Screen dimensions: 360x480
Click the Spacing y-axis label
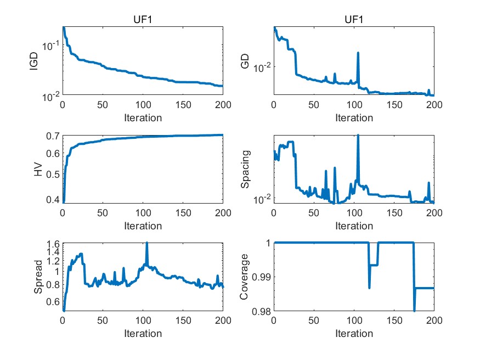[x=246, y=170]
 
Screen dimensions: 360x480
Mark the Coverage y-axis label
[x=246, y=278]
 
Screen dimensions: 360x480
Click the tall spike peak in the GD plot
[x=358, y=53]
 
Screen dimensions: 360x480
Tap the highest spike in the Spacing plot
[x=358, y=136]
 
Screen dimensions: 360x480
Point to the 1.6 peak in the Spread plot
[x=147, y=243]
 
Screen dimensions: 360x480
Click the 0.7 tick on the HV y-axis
[x=52, y=136]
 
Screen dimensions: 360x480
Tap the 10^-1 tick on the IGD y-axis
[x=50, y=45]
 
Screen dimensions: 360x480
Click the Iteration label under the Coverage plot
[x=354, y=333]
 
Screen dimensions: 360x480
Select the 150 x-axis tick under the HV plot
[x=183, y=213]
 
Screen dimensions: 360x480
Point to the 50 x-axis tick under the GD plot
[x=314, y=105]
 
